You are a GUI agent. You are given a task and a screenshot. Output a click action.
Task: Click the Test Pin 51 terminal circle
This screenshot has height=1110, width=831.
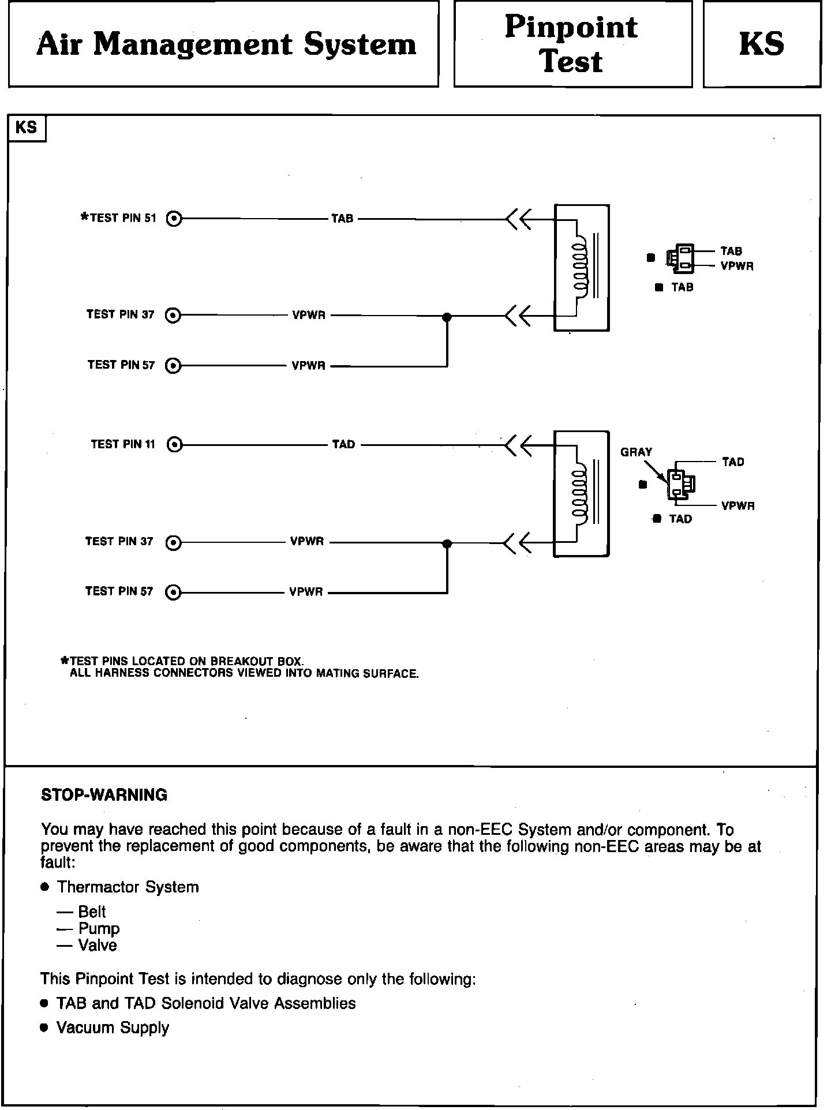click(x=174, y=219)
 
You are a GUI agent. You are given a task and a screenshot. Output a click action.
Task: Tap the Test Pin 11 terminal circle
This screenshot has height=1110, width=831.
click(x=174, y=445)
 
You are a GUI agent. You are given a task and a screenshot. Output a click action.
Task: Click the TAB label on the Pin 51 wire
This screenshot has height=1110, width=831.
click(x=342, y=219)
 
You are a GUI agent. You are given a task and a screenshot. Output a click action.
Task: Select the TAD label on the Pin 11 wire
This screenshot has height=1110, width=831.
click(x=343, y=444)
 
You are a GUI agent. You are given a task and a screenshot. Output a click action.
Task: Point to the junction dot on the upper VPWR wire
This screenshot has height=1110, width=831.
click(x=447, y=317)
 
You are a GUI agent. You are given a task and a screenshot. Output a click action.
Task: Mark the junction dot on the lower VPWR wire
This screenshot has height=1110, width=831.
click(x=447, y=543)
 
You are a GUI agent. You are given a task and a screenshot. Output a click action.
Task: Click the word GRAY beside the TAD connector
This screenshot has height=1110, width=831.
click(x=636, y=452)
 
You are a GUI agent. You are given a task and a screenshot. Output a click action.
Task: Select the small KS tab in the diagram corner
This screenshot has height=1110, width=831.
click(x=26, y=127)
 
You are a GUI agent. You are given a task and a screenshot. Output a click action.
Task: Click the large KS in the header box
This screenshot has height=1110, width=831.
click(x=761, y=44)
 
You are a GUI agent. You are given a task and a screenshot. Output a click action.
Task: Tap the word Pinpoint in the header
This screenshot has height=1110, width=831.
click(x=571, y=27)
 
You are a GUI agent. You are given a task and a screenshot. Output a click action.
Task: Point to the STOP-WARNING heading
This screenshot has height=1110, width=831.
click(x=104, y=795)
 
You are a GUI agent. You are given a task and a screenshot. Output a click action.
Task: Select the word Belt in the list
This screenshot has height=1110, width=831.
click(x=92, y=912)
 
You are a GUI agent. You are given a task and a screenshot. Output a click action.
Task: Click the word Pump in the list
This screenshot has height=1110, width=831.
click(x=99, y=928)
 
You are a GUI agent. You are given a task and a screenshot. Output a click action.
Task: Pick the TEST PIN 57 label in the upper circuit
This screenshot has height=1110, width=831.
click(x=121, y=365)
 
